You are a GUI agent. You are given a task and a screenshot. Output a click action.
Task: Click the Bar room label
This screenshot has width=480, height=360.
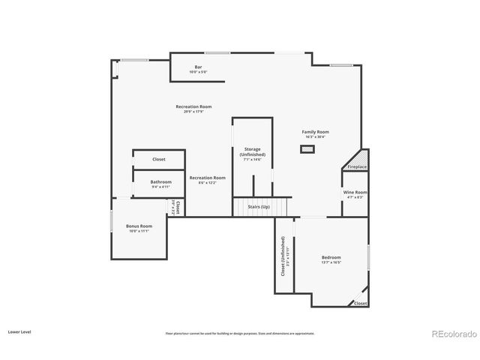click(x=199, y=67)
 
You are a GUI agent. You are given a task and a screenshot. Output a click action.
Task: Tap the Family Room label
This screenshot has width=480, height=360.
click(x=316, y=132)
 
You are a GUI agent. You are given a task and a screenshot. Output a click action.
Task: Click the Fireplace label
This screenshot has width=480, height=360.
click(x=357, y=166)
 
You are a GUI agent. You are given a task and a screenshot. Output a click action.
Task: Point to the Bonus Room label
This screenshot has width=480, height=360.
click(x=139, y=226)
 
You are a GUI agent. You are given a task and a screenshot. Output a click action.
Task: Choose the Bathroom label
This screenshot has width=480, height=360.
click(x=160, y=181)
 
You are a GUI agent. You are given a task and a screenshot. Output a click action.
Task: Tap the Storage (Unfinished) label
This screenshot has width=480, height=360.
click(x=252, y=151)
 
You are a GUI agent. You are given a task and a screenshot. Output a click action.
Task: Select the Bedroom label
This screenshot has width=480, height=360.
click(x=331, y=258)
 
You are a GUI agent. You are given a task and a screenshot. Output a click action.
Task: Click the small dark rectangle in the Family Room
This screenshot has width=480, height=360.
click(x=307, y=149)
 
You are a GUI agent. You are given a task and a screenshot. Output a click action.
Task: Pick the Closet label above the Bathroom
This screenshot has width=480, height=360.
click(x=159, y=159)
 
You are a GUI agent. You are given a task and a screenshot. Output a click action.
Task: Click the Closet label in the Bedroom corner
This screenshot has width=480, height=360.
click(x=360, y=304)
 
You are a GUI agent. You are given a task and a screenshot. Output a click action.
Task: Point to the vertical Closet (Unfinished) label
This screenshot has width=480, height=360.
click(x=283, y=257)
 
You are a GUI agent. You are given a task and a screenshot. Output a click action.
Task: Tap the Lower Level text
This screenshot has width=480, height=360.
click(x=19, y=331)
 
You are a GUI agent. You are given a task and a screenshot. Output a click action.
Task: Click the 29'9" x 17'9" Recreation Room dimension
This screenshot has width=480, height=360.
click(x=193, y=112)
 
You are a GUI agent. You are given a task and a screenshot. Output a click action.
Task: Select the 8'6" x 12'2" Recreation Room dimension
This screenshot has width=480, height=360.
click(x=207, y=183)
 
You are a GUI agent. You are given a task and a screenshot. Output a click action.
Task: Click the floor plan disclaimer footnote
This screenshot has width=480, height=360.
click(x=240, y=333)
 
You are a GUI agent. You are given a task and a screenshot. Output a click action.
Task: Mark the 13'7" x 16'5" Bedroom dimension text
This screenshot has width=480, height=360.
click(x=331, y=263)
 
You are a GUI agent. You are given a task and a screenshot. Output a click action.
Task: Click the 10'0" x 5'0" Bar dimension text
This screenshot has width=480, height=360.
click(x=199, y=72)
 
